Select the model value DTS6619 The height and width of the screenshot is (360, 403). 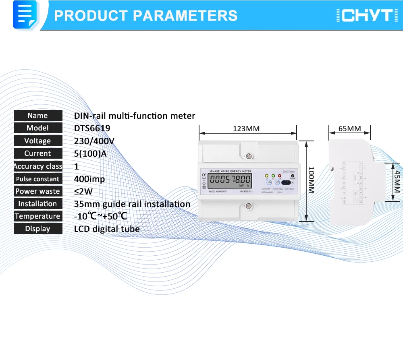coord(92,128)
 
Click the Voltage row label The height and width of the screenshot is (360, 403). coord(38,141)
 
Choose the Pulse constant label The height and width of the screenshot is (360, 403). coord(38,179)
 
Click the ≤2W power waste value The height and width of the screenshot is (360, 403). coord(83,191)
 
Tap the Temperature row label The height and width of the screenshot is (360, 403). coord(38,216)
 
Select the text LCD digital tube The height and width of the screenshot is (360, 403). coord(107,229)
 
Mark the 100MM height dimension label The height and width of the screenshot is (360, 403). coord(311,180)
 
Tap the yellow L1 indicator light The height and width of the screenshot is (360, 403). coord(267,176)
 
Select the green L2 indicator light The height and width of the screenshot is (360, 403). coord(273,176)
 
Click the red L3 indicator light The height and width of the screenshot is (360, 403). coord(279,176)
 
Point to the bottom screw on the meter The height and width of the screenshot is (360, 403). coord(249,207)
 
